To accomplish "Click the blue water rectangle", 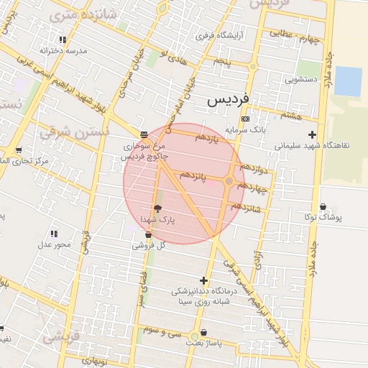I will pos(348,81).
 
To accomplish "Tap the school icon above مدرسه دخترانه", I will pos(63,40).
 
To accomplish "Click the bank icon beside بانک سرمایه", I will pos(246,119).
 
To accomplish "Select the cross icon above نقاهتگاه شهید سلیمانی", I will pos(312,134).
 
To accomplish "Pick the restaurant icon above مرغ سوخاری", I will pos(144,134).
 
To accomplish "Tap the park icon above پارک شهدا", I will pos(157,207).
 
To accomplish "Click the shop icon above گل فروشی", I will pos(148,234).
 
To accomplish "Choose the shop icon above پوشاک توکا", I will pos(322,206).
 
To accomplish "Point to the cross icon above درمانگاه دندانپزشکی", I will pos(203,280).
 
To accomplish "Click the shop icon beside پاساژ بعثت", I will pos(205,333).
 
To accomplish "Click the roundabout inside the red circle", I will pos(229,181).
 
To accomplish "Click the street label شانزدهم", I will pos(247,207).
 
